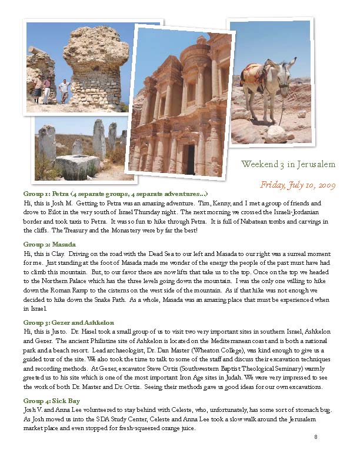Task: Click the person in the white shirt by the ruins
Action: pyautogui.click(x=64, y=91)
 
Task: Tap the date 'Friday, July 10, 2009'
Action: pyautogui.click(x=297, y=185)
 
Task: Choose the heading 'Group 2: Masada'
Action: pyautogui.click(x=49, y=244)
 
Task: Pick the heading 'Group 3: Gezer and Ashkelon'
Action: pyautogui.click(x=68, y=322)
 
